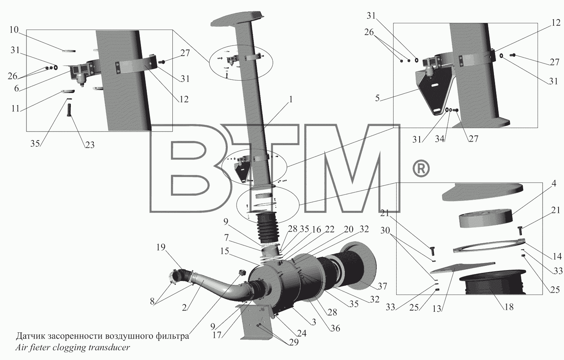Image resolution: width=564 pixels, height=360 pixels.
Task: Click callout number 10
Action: [14, 30]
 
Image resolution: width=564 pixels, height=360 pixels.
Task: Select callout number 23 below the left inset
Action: [90, 145]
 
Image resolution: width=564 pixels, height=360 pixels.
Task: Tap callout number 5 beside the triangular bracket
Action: [377, 98]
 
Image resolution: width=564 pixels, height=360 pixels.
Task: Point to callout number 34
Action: [439, 139]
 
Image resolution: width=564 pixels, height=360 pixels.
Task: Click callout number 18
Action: [509, 307]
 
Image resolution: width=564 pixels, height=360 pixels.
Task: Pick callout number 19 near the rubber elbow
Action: [161, 247]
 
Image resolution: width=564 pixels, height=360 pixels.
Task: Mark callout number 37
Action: [382, 286]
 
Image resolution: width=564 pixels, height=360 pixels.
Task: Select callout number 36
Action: [335, 328]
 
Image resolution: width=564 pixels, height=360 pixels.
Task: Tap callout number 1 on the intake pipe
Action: [291, 100]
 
